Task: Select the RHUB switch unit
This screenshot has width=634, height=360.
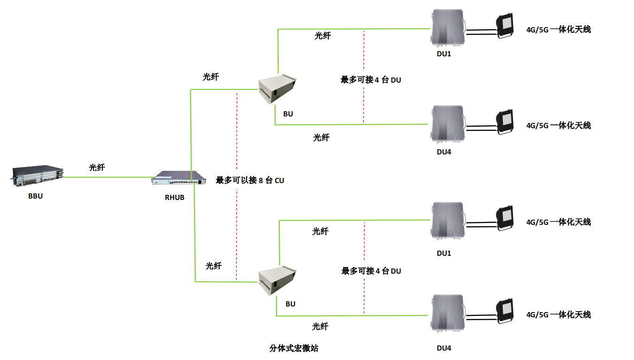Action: point(179,179)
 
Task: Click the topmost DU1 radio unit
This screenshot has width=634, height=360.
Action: point(447,29)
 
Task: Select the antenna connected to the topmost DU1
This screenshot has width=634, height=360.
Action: point(505,26)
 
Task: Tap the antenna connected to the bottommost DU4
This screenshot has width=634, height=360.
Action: point(505,312)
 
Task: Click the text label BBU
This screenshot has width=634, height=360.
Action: point(35,196)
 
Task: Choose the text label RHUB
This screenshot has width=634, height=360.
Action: point(174,198)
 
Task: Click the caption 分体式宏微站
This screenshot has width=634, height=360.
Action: point(294,348)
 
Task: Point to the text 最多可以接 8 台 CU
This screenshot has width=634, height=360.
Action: point(250,180)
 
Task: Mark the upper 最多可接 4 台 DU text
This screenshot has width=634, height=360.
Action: point(371,80)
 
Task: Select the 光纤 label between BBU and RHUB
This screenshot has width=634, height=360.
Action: point(97,167)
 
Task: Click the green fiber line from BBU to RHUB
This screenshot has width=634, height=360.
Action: point(108,177)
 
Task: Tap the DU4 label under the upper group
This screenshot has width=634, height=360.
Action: point(444,152)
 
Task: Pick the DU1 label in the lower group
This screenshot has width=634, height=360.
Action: point(444,253)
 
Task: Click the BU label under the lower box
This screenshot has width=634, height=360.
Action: point(290,304)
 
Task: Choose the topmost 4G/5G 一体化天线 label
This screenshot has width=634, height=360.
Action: point(558,30)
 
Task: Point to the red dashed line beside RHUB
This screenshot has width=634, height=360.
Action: point(237,141)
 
